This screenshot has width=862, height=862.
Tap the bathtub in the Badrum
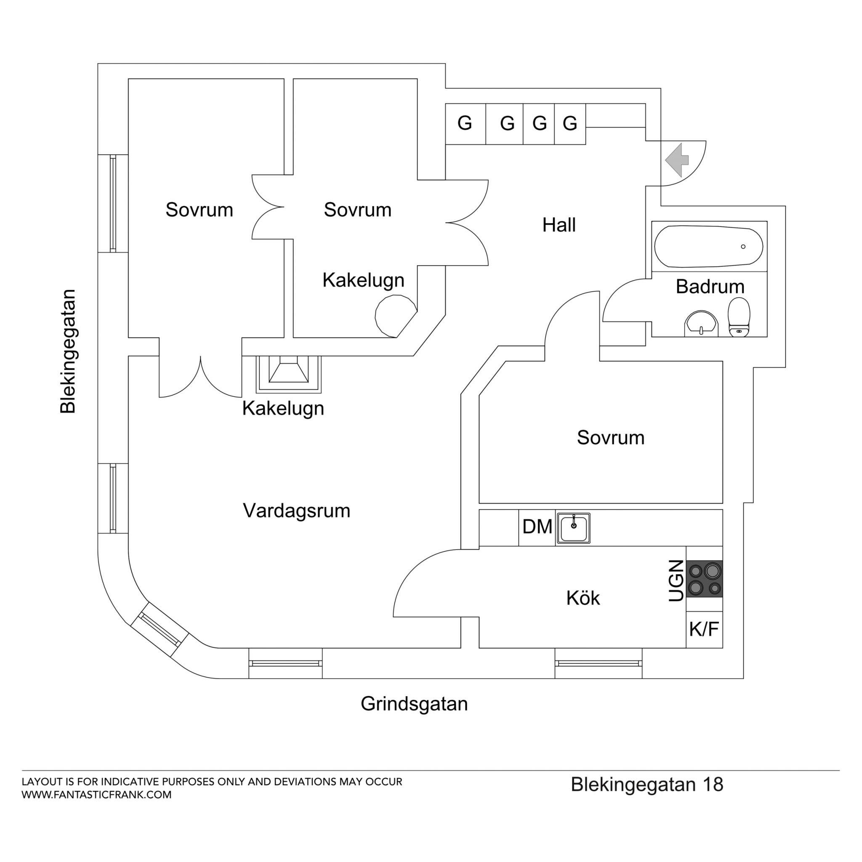(x=708, y=247)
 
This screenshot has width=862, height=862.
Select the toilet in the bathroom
(x=739, y=317)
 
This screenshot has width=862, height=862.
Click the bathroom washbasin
(x=701, y=324)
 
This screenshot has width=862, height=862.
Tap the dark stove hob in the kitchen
(x=705, y=579)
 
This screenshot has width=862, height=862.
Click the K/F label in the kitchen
(x=704, y=630)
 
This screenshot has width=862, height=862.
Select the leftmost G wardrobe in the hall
(x=466, y=124)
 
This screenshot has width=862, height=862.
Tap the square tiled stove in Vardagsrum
(x=289, y=374)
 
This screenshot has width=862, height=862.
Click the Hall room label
(x=559, y=225)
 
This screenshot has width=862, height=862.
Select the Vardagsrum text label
(x=297, y=511)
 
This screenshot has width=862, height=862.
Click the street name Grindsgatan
(x=414, y=704)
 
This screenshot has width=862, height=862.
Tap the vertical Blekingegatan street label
(x=68, y=351)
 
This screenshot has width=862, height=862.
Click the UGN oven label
(x=676, y=580)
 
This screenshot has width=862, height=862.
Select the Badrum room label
(x=710, y=287)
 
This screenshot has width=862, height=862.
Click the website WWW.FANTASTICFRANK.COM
(x=97, y=795)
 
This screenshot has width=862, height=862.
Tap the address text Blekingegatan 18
(x=647, y=785)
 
